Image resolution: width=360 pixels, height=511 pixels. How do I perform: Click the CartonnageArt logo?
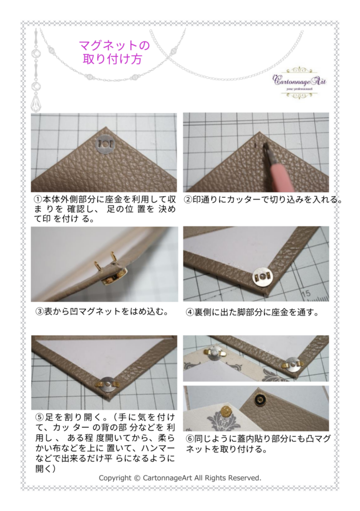[x=299, y=83]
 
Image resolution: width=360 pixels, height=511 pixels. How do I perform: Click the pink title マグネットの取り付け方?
[x=114, y=52]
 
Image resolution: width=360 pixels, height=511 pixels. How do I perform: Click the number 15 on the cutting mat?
[x=305, y=293]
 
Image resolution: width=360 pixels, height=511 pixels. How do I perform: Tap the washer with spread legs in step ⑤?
[x=107, y=385]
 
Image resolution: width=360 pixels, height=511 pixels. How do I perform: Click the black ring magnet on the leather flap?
[x=260, y=398]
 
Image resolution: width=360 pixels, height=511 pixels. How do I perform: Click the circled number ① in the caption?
[x=38, y=199]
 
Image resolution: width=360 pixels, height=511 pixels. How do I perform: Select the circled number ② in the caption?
[x=188, y=200]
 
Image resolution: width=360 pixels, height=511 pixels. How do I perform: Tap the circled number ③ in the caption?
[x=39, y=312]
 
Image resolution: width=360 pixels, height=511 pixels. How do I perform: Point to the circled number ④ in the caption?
[x=190, y=312]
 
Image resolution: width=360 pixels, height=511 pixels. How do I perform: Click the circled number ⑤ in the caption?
[x=39, y=417]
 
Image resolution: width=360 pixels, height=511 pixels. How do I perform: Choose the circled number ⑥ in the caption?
[x=190, y=439]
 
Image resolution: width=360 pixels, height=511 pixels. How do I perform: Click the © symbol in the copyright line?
[x=137, y=478]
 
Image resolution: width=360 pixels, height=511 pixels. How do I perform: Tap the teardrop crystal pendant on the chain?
[x=35, y=102]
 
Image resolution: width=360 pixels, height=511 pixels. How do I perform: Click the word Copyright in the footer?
[x=115, y=479]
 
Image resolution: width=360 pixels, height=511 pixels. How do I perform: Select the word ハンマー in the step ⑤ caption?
[x=158, y=448]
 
